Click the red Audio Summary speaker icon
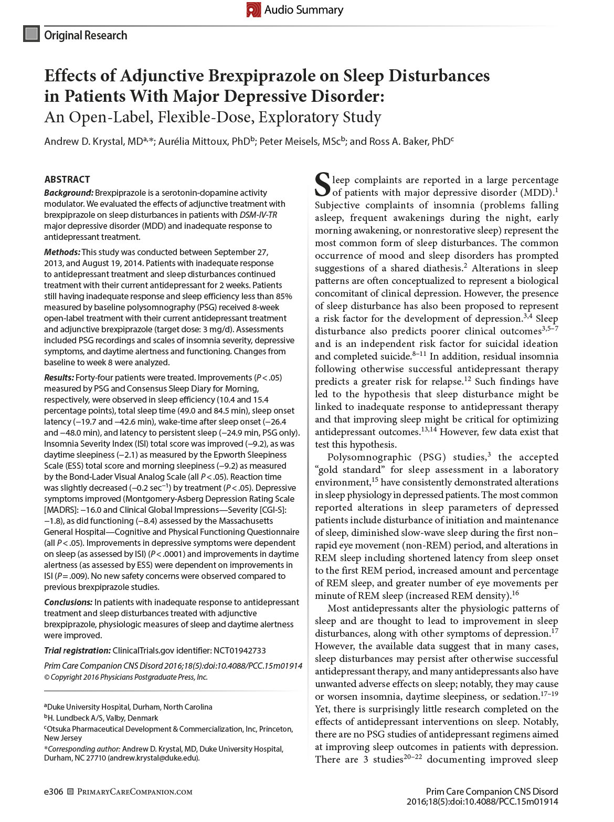(253, 9)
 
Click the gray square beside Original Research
(31, 34)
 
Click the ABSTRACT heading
(67, 179)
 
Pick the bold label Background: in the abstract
(68, 193)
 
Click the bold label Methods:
(62, 252)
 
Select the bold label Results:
(59, 377)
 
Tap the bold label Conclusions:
(68, 602)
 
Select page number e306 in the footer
(54, 792)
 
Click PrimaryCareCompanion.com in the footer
(135, 792)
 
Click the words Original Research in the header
(86, 35)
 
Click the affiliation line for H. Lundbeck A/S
(103, 718)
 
